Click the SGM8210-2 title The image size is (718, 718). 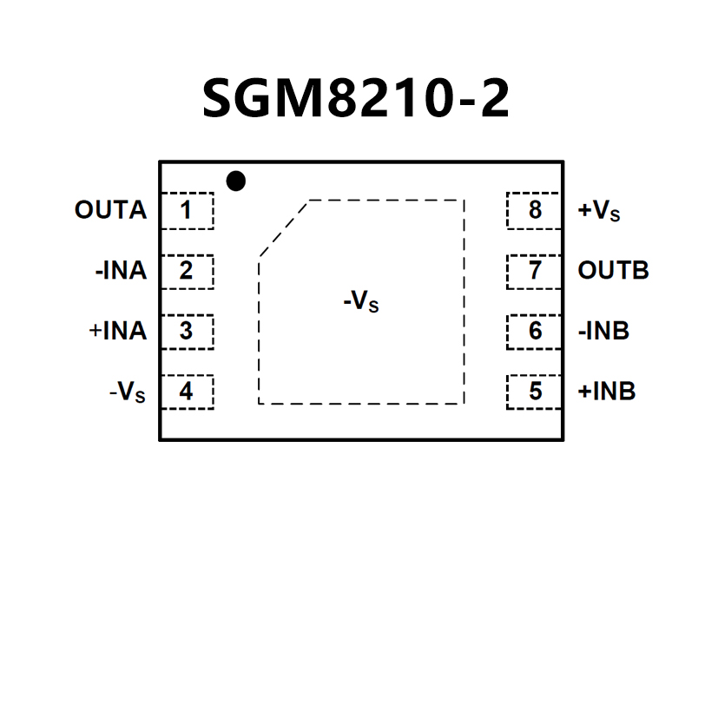click(x=356, y=98)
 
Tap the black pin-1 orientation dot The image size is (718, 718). click(x=235, y=181)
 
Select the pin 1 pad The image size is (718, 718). click(x=187, y=210)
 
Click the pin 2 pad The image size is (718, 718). click(x=187, y=271)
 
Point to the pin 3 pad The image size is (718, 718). click(x=187, y=331)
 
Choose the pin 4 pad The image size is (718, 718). click(x=187, y=392)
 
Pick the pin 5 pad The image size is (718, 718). click(x=534, y=392)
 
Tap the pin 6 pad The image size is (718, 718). click(x=534, y=331)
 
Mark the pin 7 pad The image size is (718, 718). click(x=534, y=271)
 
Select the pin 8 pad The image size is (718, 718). click(x=534, y=210)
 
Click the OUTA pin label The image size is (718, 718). click(x=110, y=210)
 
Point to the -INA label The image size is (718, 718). click(x=121, y=271)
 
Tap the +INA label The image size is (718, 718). click(x=117, y=331)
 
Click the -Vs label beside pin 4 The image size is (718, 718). click(x=128, y=392)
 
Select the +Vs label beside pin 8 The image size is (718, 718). click(x=599, y=211)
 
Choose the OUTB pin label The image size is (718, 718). click(x=613, y=271)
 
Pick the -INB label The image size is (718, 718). click(x=603, y=331)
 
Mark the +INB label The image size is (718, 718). click(x=607, y=392)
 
